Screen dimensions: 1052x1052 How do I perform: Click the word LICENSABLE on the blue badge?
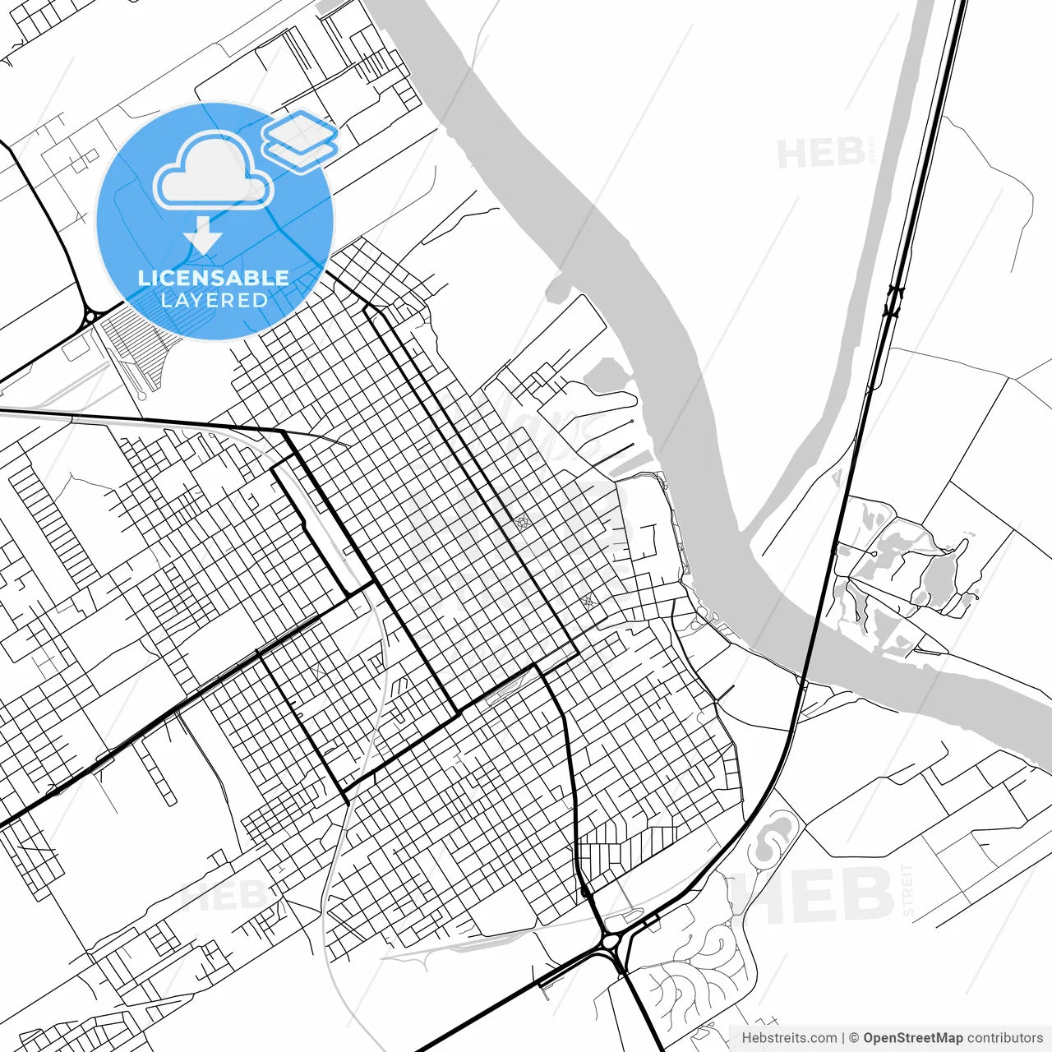214,278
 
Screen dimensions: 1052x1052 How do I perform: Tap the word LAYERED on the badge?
214,300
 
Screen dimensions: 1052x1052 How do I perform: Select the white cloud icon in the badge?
214,171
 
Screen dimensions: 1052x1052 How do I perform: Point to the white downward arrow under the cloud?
203,237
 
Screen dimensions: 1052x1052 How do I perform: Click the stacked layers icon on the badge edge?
301,140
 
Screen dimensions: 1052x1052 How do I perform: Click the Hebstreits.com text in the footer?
789,1038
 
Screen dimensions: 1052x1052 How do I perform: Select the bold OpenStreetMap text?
912,1038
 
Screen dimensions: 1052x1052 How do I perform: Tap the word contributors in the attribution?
1004,1038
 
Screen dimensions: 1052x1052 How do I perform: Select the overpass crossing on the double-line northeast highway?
893,300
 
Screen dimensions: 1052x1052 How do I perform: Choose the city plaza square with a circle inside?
521,523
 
